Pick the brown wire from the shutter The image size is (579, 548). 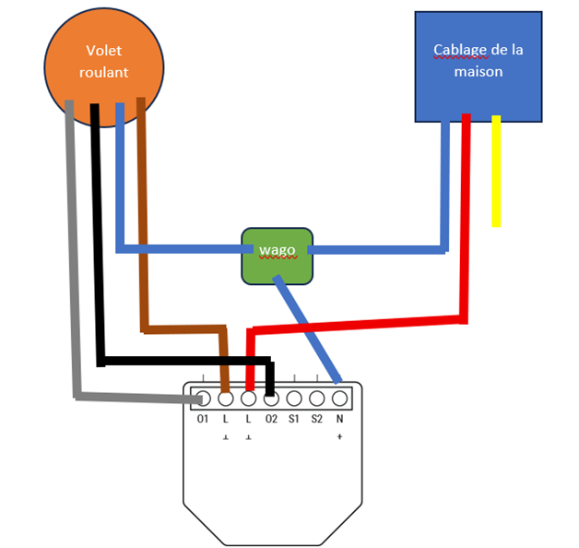[142, 231]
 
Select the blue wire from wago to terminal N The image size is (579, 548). [309, 332]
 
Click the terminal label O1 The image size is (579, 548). [204, 419]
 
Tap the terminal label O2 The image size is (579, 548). [271, 419]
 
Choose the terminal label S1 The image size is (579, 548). [293, 419]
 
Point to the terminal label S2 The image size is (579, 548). [316, 419]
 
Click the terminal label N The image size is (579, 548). [339, 419]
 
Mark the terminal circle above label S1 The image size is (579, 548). [293, 399]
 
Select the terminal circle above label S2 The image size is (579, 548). [316, 399]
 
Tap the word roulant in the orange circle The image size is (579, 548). [104, 72]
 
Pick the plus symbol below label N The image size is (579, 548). [339, 436]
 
